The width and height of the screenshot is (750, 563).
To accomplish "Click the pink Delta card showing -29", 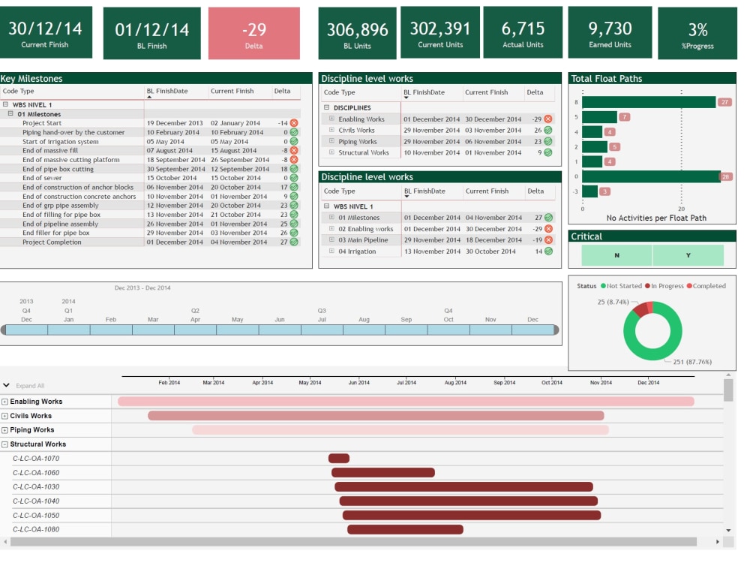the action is coord(254,33).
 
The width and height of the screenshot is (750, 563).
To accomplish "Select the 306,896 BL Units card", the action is coord(357,33).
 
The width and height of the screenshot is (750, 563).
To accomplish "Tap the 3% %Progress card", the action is coord(697,33).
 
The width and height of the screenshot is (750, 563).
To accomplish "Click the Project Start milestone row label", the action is coord(42,123).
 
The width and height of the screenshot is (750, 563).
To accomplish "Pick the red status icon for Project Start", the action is coord(294,123).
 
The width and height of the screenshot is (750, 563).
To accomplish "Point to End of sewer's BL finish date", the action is coord(172,178).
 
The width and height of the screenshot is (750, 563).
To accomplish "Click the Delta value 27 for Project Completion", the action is coord(284,242).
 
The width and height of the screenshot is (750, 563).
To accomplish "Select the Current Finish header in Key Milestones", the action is coord(232,91).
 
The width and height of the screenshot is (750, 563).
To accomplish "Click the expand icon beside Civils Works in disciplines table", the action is coord(331,130).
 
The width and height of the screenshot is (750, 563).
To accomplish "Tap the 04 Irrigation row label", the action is coord(357,251).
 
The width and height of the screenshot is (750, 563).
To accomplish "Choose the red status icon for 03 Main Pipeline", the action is coord(549,240).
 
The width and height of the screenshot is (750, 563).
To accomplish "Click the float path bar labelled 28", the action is coord(652,176).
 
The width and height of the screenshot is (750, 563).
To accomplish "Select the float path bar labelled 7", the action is coord(600,117).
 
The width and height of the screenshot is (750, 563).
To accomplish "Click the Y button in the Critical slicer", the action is coord(688,255).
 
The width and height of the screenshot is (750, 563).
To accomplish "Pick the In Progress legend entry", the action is coord(664,286).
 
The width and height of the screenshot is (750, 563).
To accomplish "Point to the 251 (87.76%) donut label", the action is coord(692,362).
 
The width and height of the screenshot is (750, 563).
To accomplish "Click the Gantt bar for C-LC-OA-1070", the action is coord(339,459).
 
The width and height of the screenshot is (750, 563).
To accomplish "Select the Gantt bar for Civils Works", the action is coord(376,416).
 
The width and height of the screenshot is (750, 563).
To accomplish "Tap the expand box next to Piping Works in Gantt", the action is coord(4,430).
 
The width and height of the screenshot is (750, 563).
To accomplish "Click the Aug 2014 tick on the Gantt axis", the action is coord(455,383).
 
